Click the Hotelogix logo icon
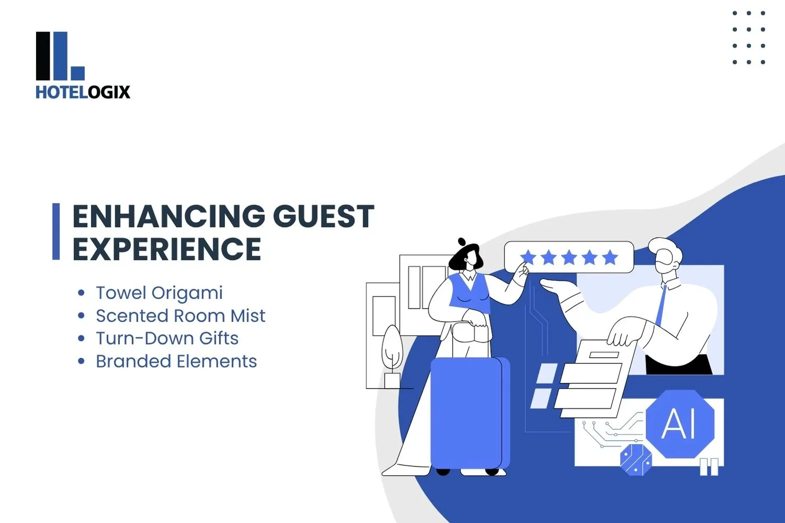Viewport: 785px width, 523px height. (x=60, y=56)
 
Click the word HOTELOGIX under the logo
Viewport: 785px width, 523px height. (x=83, y=92)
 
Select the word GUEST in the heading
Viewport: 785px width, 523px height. (x=323, y=217)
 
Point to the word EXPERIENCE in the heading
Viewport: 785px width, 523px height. (x=166, y=249)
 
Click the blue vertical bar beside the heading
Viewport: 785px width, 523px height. (x=56, y=231)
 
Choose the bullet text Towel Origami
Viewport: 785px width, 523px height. (x=159, y=293)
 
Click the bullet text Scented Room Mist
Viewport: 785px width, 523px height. (x=181, y=316)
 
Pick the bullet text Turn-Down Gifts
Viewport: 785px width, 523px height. (x=167, y=338)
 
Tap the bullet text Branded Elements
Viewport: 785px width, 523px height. (x=176, y=361)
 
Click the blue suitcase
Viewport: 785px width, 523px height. (x=467, y=413)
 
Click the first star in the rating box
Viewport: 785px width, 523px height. (x=528, y=257)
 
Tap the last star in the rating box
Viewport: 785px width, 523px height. (x=610, y=257)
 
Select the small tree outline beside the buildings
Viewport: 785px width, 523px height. (x=392, y=348)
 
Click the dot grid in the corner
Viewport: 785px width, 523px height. (x=749, y=38)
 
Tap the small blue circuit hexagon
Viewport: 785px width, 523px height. (x=636, y=460)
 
